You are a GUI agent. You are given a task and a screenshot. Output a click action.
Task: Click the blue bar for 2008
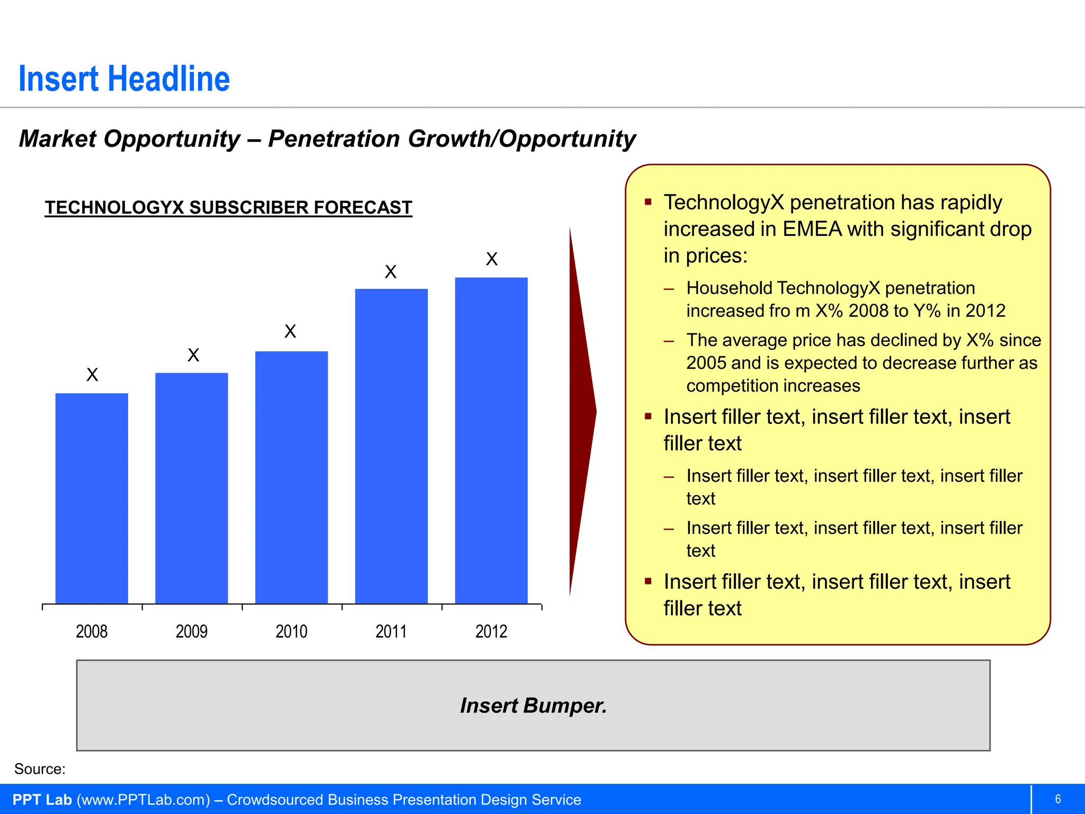[92, 498]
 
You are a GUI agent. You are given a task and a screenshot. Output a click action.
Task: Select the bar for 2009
[192, 488]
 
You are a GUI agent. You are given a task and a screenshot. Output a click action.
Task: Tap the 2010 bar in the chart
[291, 477]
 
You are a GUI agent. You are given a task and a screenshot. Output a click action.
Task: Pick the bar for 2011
[392, 445]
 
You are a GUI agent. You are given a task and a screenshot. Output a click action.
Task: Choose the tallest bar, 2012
[491, 440]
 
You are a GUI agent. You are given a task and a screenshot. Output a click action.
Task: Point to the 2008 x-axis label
[92, 631]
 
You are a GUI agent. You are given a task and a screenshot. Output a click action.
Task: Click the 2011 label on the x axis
[391, 631]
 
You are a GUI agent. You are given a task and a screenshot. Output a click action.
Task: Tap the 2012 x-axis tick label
[491, 631]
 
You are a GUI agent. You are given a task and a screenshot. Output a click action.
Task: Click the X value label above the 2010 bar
[290, 332]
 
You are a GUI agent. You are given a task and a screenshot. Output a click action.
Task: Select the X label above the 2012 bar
[492, 259]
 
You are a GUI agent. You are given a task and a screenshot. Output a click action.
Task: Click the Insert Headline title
[124, 79]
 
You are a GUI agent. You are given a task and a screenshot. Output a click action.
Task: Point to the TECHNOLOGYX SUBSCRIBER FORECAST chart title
[228, 207]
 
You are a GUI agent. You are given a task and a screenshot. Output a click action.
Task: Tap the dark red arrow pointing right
[582, 411]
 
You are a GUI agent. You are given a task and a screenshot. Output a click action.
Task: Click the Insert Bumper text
[533, 705]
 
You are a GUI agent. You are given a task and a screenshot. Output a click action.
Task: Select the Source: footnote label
[40, 769]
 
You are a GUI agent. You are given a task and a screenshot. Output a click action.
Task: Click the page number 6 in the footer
[1058, 799]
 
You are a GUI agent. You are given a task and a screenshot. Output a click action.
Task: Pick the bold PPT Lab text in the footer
[42, 800]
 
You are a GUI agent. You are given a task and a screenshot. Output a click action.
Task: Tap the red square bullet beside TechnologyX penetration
[648, 202]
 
